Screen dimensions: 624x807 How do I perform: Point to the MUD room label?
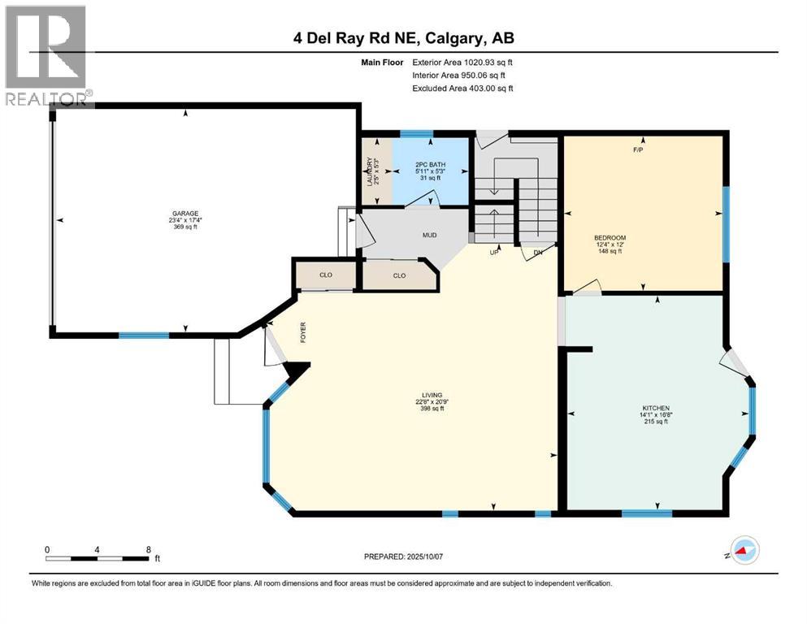pyautogui.click(x=429, y=236)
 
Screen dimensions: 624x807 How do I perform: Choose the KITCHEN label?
pyautogui.click(x=654, y=408)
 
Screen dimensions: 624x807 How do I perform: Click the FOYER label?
pyautogui.click(x=303, y=333)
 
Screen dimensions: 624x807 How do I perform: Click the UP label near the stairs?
pyautogui.click(x=493, y=252)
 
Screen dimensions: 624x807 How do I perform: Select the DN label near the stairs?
pyautogui.click(x=537, y=252)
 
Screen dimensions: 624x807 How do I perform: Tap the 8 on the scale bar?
pyautogui.click(x=148, y=549)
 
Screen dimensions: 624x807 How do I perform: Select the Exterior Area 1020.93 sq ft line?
pyautogui.click(x=462, y=62)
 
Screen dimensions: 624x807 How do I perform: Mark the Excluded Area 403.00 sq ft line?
pyautogui.click(x=462, y=89)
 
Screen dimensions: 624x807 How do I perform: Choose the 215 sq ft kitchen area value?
pyautogui.click(x=654, y=422)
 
